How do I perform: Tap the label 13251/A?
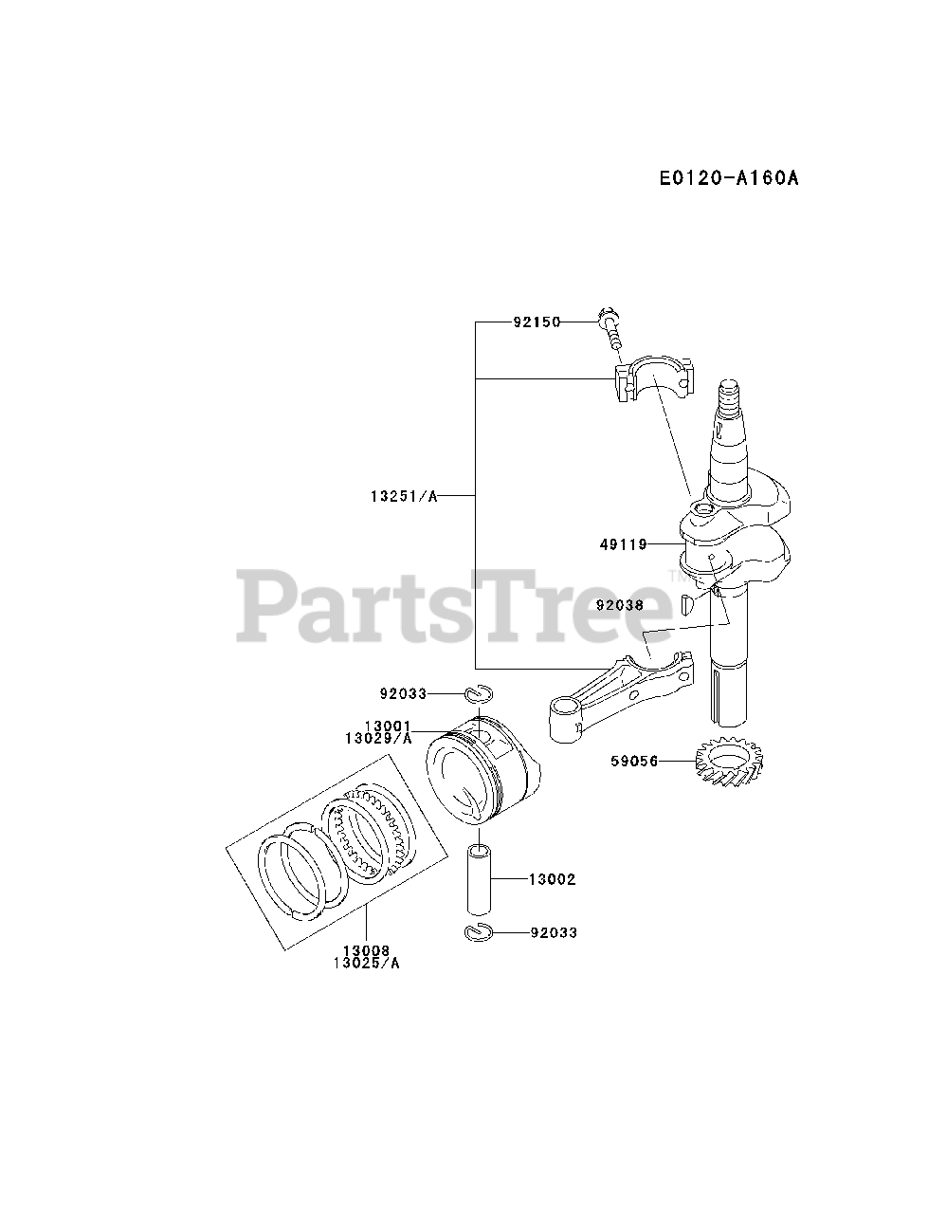[405, 496]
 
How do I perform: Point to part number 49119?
[623, 544]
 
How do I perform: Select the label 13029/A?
[379, 738]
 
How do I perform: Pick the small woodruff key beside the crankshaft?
[689, 599]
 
